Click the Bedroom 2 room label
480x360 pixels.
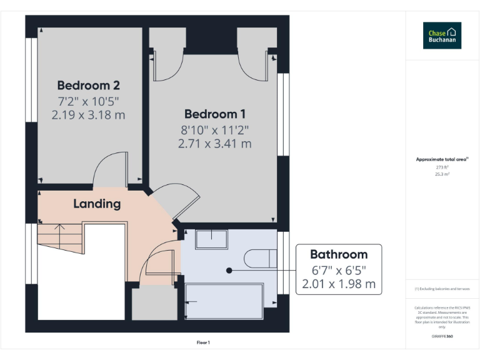pos(88,86)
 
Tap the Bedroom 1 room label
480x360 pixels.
pos(214,114)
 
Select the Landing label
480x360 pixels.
pos(97,204)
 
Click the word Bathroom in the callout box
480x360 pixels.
pos(339,254)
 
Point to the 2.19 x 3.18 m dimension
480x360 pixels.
pos(88,115)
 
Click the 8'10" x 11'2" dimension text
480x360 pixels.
pos(214,129)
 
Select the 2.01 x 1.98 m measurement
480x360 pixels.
pos(339,284)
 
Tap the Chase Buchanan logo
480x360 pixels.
pos(442,36)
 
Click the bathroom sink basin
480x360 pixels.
pos(211,239)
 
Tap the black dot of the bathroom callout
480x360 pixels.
pos(229,271)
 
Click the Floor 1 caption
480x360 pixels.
pos(203,342)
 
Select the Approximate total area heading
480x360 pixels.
pos(442,159)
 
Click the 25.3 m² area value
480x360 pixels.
pos(442,174)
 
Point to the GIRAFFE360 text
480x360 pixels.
pos(442,337)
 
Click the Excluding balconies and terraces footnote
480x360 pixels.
pos(442,289)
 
